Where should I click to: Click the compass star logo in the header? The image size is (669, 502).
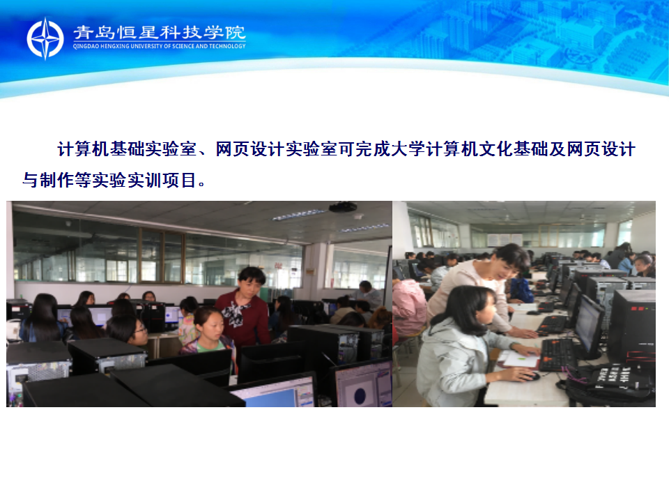coord(45,38)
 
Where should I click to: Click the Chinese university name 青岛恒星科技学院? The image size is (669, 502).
coord(160,33)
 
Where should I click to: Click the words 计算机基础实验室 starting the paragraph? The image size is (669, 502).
coord(127,149)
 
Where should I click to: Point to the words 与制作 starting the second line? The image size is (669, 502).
coord(48,180)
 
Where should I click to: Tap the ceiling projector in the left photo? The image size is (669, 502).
coord(343,207)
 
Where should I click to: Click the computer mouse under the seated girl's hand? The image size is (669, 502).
coord(531,376)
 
